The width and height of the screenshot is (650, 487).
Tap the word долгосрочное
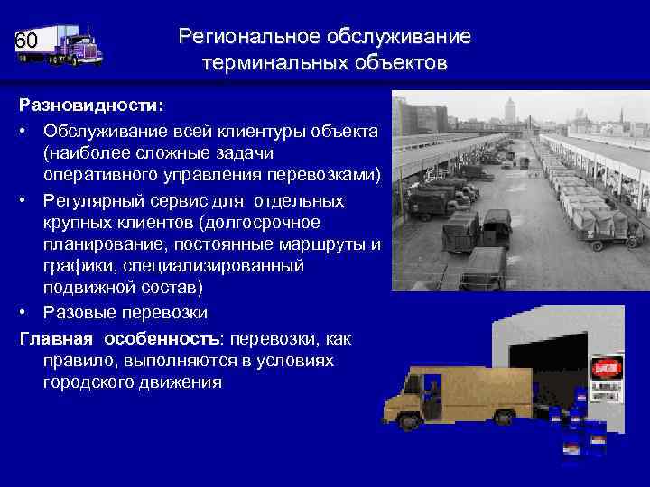(287, 222)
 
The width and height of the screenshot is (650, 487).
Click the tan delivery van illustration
(460, 392)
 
